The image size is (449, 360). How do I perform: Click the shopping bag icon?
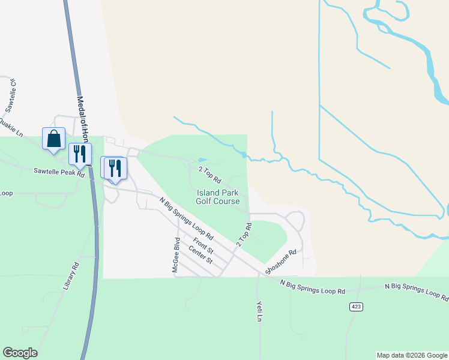pos(53,139)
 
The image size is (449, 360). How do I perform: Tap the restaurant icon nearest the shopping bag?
pos(79,154)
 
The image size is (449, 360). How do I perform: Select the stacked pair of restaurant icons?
pos(114,167)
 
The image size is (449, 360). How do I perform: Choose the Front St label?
pos(203,248)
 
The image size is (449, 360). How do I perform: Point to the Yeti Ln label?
pos(259,311)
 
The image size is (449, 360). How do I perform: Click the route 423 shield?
pos(356,307)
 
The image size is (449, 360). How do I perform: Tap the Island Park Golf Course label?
pos(217,197)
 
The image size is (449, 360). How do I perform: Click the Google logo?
pos(20,353)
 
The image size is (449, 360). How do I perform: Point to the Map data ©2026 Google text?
pos(412,355)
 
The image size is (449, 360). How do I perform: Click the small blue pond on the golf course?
pos(199,160)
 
